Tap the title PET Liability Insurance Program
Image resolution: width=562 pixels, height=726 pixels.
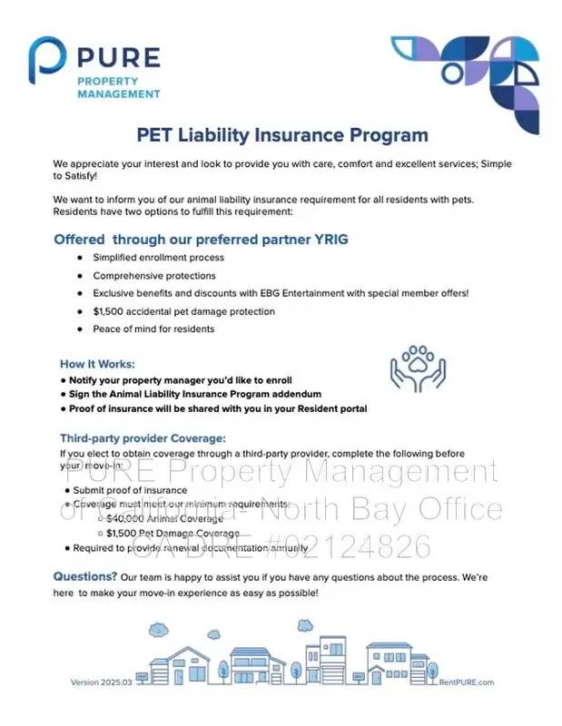tap(281, 136)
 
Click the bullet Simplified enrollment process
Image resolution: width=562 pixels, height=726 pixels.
tap(158, 258)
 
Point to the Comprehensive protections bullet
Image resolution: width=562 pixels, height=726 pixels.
tap(153, 276)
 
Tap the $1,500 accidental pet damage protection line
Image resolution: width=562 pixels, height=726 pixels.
tap(183, 311)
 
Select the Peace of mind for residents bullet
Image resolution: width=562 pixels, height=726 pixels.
tap(153, 329)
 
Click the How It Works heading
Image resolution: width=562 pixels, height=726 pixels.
tap(97, 363)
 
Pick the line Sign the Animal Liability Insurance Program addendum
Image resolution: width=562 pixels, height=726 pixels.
tap(195, 394)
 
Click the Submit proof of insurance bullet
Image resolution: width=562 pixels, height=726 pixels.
tap(131, 490)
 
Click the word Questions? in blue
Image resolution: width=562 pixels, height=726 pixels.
tap(84, 576)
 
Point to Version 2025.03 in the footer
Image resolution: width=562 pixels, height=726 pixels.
tap(102, 682)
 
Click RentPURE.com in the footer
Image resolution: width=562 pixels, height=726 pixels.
tap(466, 682)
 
